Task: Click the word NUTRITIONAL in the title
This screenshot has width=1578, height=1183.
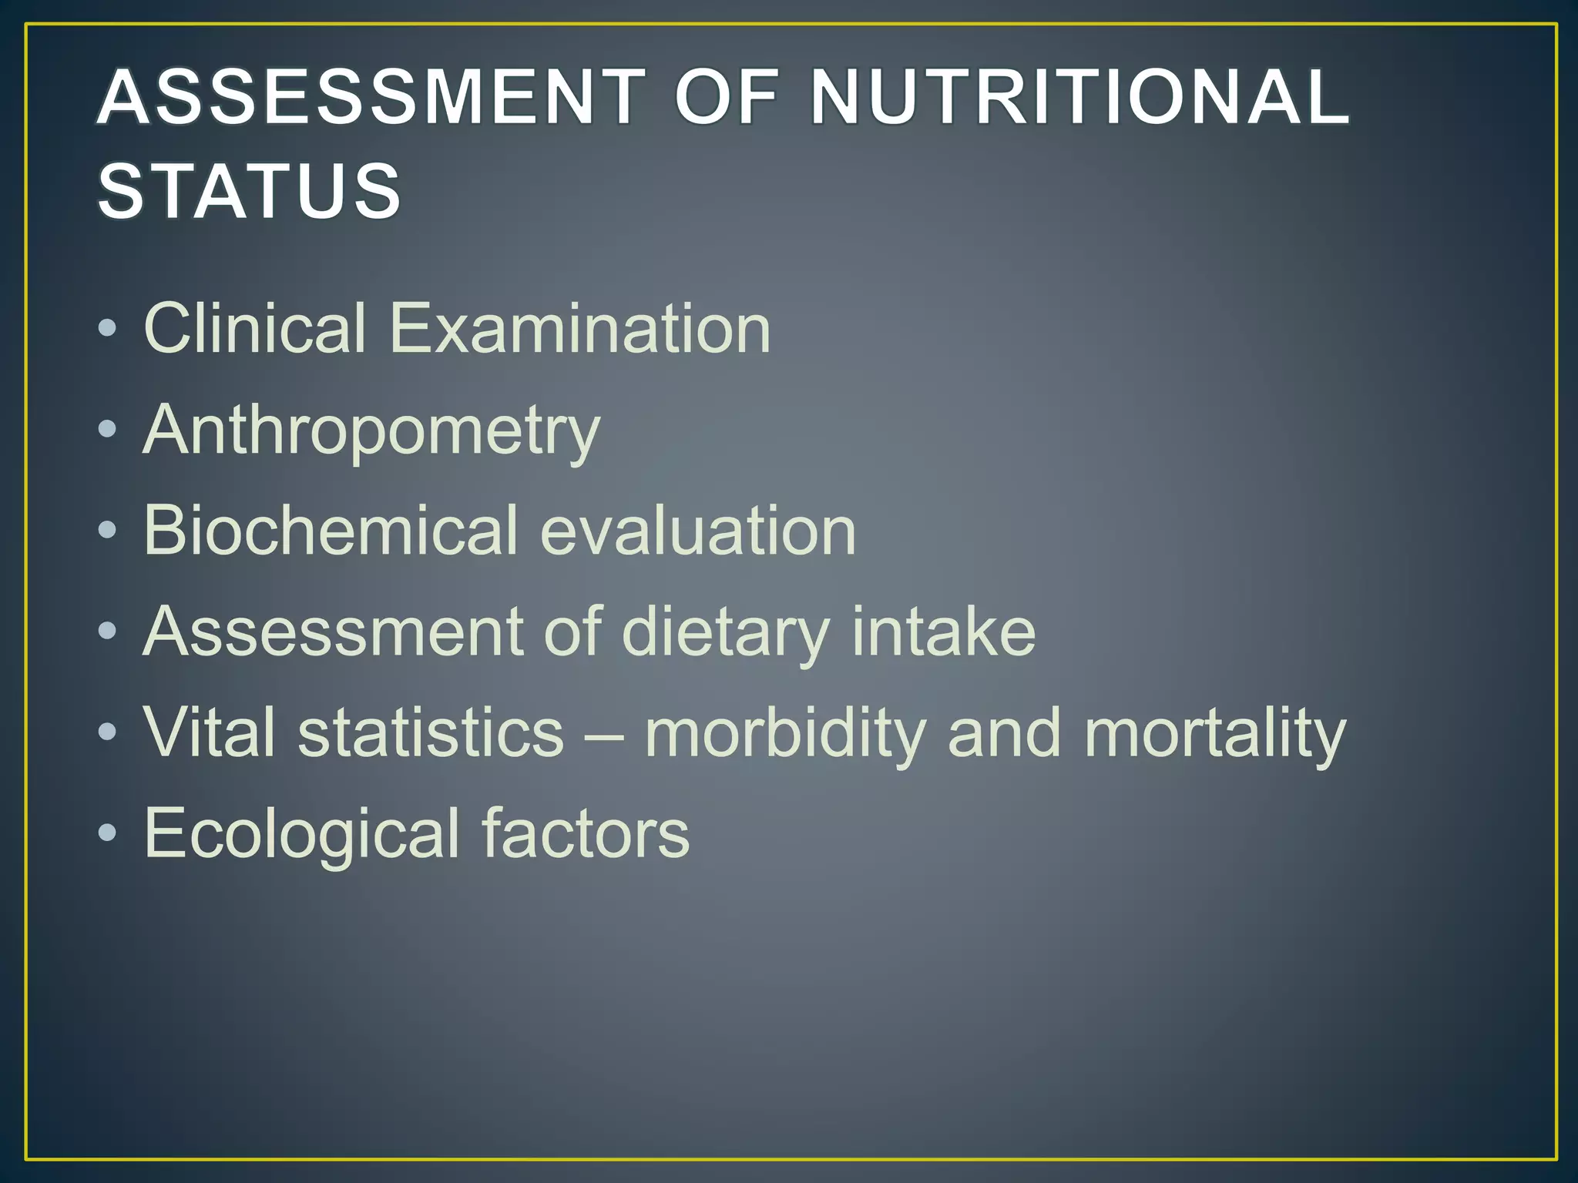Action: click(1080, 97)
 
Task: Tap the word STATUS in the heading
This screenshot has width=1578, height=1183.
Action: click(250, 190)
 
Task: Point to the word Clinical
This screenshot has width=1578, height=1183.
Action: click(255, 328)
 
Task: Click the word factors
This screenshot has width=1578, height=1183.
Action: click(586, 833)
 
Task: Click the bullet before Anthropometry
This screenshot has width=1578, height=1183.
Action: click(108, 429)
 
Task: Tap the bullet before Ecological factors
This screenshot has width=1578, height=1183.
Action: click(108, 833)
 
